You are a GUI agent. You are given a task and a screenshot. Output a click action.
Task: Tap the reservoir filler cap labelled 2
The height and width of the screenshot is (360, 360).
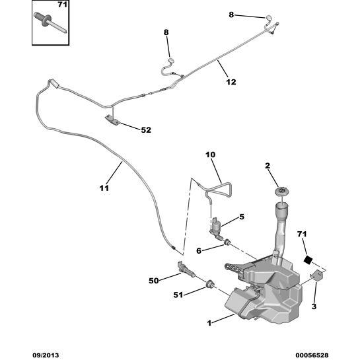point(281,192)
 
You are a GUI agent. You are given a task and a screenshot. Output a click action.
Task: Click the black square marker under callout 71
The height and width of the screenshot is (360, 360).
point(308,260)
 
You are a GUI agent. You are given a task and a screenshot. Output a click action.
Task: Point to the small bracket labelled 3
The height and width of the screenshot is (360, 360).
point(317,275)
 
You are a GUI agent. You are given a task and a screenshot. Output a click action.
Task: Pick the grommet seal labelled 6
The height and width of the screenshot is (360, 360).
point(227,242)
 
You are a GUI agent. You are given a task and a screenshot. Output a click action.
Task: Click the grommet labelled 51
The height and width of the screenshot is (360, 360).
point(210,285)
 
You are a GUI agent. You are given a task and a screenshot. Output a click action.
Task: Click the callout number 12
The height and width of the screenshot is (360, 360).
point(231,82)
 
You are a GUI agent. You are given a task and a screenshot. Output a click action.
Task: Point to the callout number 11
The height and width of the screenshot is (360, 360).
point(104,188)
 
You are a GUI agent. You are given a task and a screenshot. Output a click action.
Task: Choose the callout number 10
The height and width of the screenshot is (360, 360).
point(211,155)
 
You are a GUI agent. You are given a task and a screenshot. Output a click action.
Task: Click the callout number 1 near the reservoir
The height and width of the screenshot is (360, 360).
point(209,323)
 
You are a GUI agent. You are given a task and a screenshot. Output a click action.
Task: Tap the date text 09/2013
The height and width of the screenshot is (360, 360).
point(46,355)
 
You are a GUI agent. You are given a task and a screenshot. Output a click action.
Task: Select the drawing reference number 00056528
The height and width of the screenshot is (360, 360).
point(312,355)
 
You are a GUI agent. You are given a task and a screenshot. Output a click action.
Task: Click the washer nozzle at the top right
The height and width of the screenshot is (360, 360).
point(269,18)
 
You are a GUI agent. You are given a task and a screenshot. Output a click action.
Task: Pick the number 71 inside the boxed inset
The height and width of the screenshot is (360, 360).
point(62,5)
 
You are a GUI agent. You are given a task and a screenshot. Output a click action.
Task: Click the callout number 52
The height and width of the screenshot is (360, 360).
point(146,130)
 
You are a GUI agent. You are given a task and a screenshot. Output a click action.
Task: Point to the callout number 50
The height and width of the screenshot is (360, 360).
point(154,281)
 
